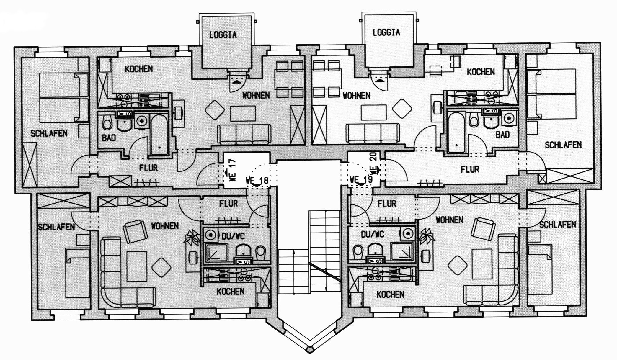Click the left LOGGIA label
click(x=223, y=35)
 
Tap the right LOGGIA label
click(x=386, y=32)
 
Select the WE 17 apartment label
click(x=232, y=170)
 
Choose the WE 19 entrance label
click(x=361, y=179)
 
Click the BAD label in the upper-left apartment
click(x=109, y=138)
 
